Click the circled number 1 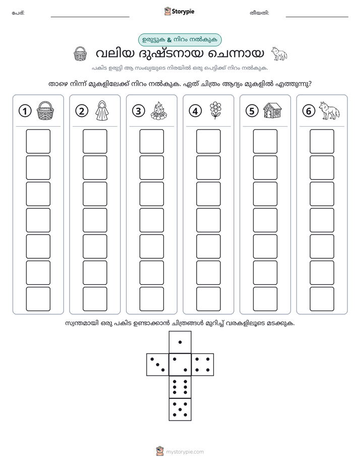click(25, 111)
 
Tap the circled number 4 click(195, 111)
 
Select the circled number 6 click(309, 111)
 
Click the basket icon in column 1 click(45, 110)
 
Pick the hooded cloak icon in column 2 click(102, 110)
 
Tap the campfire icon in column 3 click(159, 110)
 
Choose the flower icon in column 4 click(215, 110)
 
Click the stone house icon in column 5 click(272, 110)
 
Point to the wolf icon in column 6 click(329, 110)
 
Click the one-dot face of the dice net click(180, 342)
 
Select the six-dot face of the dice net click(180, 387)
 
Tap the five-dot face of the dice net click(180, 409)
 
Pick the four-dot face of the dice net click(202, 365)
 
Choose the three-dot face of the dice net click(158, 365)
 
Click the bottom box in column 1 click(38, 299)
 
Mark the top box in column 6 click(322, 141)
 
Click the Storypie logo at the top click(179, 12)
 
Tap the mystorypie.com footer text click(185, 452)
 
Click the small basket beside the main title click(80, 54)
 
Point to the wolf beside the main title click(279, 54)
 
